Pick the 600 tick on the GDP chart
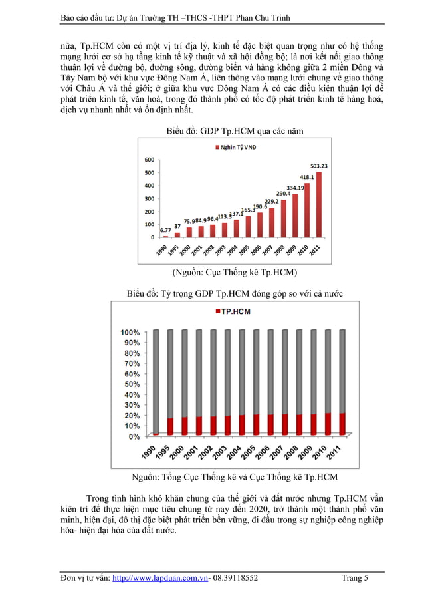(x=150, y=160)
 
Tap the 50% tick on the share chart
(x=130, y=384)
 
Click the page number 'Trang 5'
(x=354, y=579)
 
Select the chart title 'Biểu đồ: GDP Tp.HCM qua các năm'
(x=235, y=131)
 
